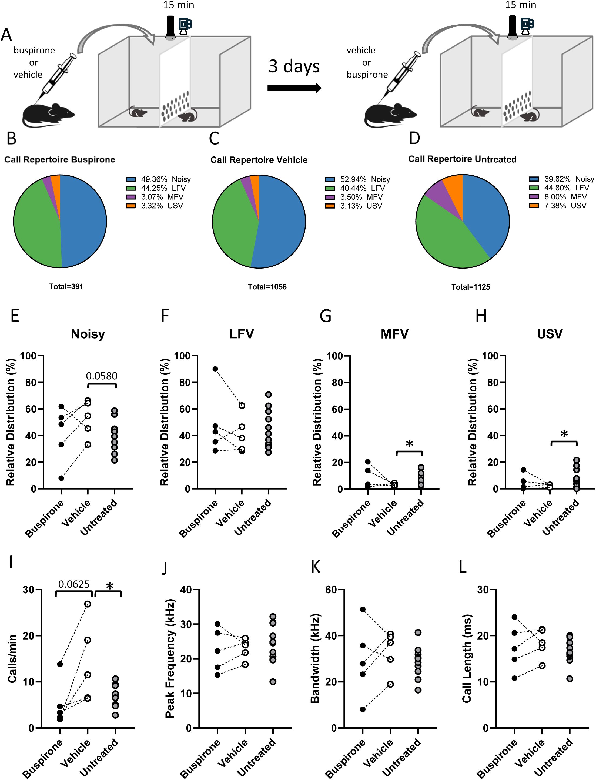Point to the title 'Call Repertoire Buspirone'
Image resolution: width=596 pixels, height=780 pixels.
60,160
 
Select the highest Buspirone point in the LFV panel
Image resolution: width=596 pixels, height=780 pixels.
215,369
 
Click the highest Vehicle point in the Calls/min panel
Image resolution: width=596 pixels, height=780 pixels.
88,604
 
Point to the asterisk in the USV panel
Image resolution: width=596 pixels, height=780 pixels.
564,433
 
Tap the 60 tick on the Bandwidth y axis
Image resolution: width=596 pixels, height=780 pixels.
333,590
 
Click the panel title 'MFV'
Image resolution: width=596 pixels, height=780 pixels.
394,334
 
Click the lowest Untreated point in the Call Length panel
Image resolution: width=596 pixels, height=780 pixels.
570,679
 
